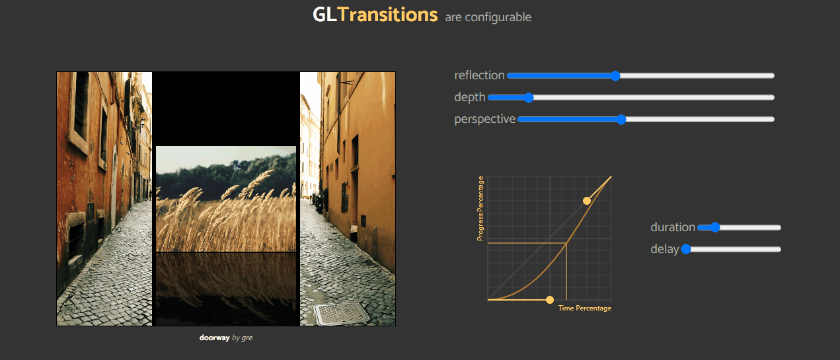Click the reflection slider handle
[x=615, y=76]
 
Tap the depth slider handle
[x=528, y=98]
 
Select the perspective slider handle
[x=621, y=120]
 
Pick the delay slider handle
[x=686, y=249]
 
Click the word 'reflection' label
[x=479, y=75]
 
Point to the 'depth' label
[x=469, y=97]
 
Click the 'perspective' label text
[x=484, y=119]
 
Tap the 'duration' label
[x=672, y=227]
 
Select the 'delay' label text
[x=664, y=249]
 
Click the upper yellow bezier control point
[x=586, y=200]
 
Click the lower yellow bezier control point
[x=549, y=301]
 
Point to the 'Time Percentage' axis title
[x=584, y=308]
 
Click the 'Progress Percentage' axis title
[x=480, y=208]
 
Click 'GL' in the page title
[x=325, y=15]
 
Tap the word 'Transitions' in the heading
[x=387, y=15]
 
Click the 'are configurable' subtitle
[x=488, y=17]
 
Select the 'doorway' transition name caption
[x=214, y=338]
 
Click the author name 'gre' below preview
[x=247, y=338]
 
